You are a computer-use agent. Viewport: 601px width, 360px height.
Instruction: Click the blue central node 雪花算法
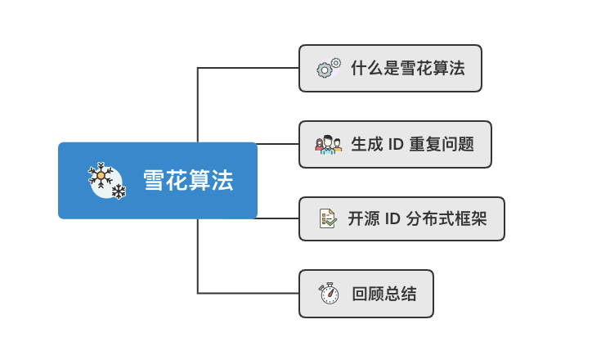158,181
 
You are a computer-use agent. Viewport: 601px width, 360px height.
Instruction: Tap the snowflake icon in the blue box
106,180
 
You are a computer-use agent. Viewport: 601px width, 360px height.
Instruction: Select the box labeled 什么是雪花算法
390,69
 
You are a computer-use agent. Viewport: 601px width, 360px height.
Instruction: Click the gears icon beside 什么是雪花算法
329,69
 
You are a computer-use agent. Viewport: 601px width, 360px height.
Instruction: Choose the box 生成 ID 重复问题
395,145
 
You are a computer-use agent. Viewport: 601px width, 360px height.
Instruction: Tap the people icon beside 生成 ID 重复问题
328,145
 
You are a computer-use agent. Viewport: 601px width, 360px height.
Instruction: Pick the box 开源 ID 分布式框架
401,218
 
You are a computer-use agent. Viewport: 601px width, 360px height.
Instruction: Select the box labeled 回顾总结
366,294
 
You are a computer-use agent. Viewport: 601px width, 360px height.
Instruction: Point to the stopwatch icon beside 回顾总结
329,294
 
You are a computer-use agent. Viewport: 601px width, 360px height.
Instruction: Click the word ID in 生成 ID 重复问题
395,145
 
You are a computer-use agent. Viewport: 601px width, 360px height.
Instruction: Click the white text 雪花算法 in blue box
188,181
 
